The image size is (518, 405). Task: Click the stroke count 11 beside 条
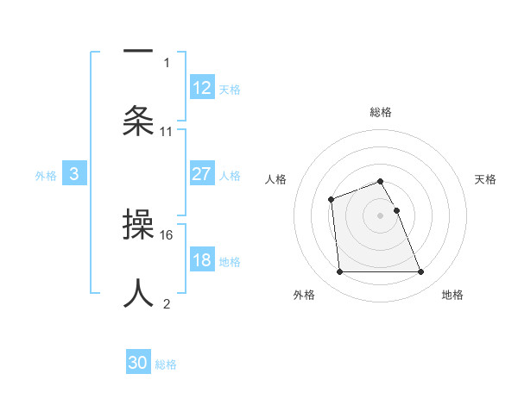click(167, 132)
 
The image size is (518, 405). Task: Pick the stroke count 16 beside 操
click(167, 234)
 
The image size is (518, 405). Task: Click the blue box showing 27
click(202, 174)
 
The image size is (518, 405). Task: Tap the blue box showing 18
click(202, 260)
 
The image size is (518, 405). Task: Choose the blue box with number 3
click(74, 174)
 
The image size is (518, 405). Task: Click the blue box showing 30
click(138, 363)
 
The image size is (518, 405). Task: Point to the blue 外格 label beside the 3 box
click(46, 176)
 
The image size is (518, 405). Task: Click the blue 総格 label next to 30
click(166, 364)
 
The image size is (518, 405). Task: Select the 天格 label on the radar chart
click(486, 179)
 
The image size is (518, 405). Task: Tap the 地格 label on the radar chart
click(452, 295)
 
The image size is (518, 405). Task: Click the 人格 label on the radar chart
click(275, 179)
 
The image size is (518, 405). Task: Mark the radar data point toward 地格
click(420, 272)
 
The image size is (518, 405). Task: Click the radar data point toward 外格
click(339, 272)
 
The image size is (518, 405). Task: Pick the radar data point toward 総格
click(380, 181)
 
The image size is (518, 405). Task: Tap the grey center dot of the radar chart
click(380, 215)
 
